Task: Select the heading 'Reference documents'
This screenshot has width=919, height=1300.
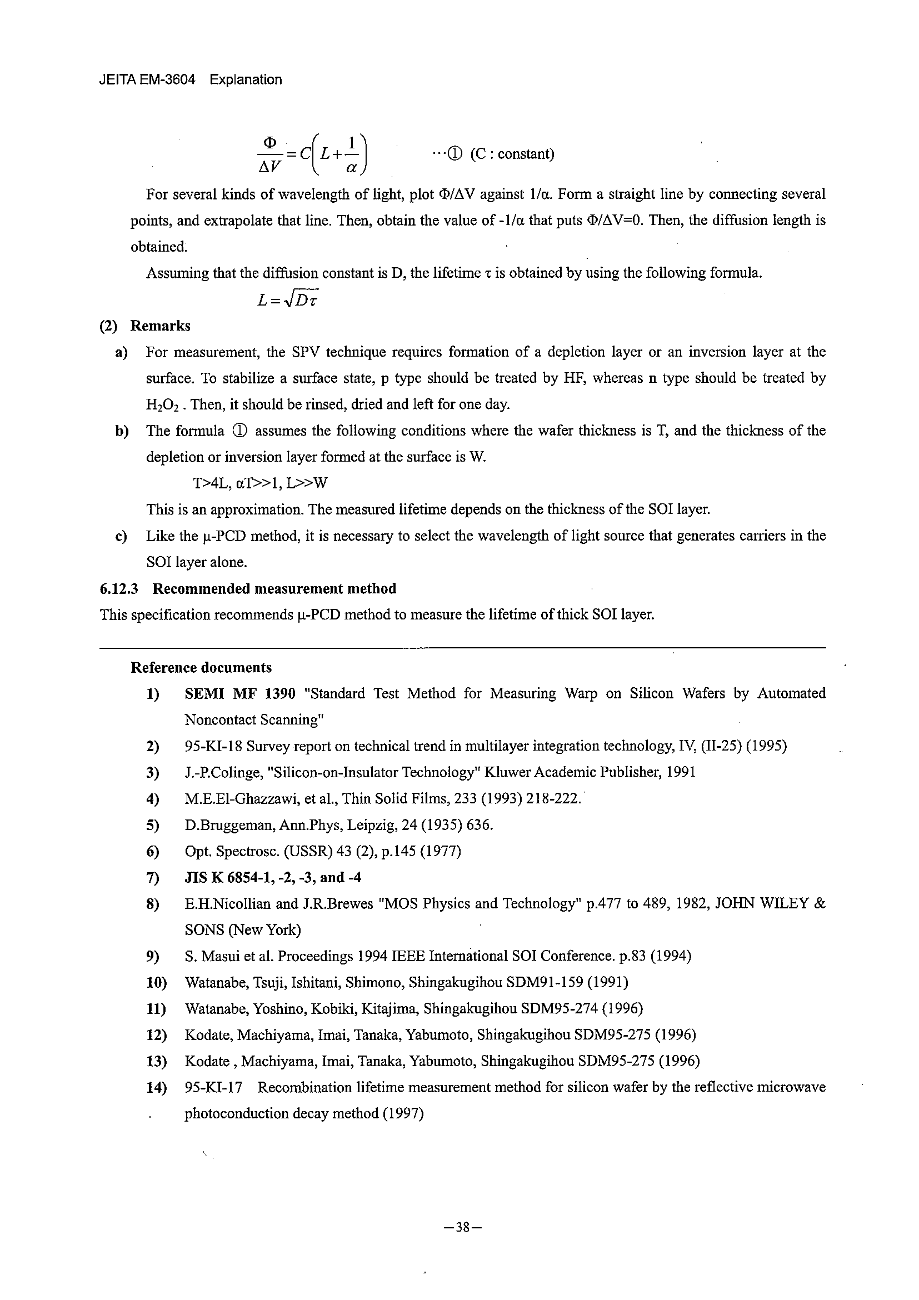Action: [201, 668]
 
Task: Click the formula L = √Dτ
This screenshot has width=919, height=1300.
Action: [288, 301]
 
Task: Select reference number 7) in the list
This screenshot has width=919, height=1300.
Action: [152, 878]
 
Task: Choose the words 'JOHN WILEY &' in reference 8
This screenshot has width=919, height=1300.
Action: [771, 904]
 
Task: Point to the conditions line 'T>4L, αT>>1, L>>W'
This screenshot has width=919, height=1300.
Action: [261, 483]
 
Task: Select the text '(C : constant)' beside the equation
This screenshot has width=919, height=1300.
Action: [512, 154]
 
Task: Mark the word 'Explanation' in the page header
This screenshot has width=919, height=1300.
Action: [246, 80]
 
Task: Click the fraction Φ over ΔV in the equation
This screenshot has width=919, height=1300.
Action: [270, 154]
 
